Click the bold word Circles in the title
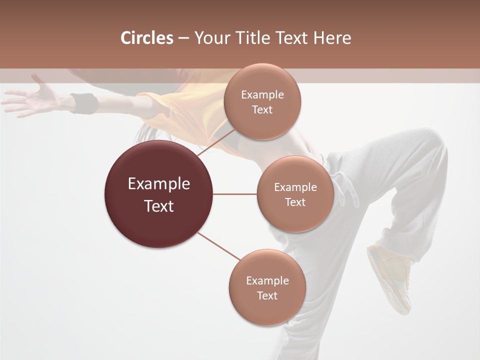point(147,38)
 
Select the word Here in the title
point(332,38)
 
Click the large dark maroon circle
point(159,194)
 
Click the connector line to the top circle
point(216,142)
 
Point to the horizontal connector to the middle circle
point(234,194)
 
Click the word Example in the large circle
point(159,184)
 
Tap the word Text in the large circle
point(159,206)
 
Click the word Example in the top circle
point(262,94)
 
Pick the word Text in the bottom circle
point(267,295)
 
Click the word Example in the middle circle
point(295,187)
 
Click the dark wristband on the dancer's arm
point(83,103)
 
